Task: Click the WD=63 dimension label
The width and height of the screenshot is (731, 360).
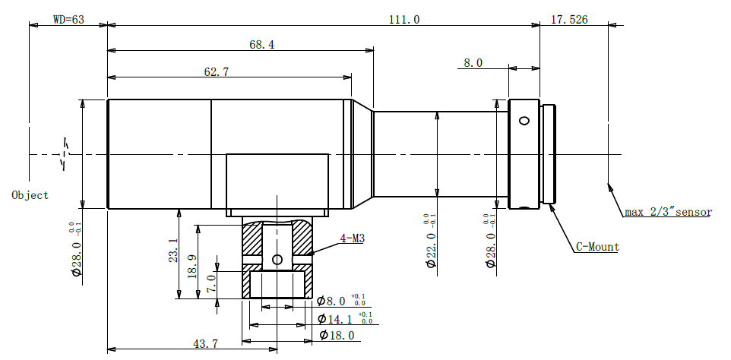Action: click(x=68, y=20)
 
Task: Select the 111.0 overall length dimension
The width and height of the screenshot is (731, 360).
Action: click(x=404, y=20)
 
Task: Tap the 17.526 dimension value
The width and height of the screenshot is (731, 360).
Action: click(x=569, y=20)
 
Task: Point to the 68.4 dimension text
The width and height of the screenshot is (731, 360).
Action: click(x=262, y=45)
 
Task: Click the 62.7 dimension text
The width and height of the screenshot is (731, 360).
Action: click(x=217, y=71)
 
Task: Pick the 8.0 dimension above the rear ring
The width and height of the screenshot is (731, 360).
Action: click(x=473, y=63)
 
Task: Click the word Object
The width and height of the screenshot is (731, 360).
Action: click(x=30, y=195)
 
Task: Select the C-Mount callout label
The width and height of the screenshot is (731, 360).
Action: click(x=598, y=247)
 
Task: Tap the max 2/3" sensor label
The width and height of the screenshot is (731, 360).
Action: click(x=668, y=213)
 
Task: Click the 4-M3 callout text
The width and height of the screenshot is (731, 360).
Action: click(x=352, y=239)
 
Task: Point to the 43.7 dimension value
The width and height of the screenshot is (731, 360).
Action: click(x=206, y=344)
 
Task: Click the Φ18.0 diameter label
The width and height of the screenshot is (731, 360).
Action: click(x=336, y=335)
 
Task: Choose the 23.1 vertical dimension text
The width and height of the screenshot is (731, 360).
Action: click(x=173, y=251)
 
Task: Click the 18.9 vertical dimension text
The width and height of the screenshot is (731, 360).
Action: click(x=191, y=267)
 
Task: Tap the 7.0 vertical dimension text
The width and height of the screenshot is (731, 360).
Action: click(x=210, y=283)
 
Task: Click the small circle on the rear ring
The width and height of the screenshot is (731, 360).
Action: click(x=524, y=121)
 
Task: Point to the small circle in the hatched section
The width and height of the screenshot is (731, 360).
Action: click(x=277, y=259)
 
